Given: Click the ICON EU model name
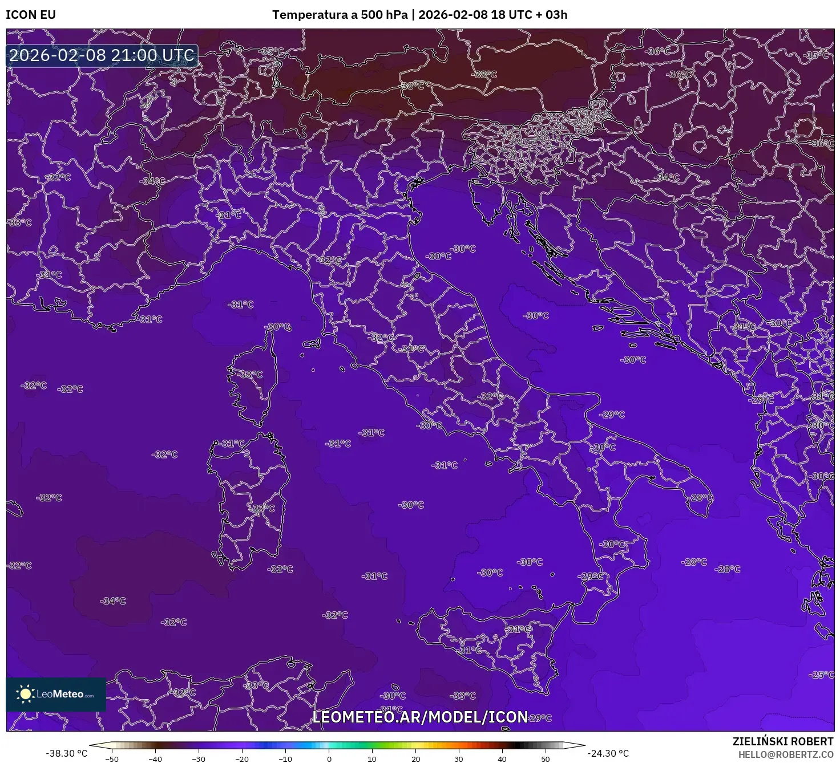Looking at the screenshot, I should pyautogui.click(x=31, y=15).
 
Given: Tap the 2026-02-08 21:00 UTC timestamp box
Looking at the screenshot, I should pyautogui.click(x=102, y=55).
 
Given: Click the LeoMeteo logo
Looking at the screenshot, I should pyautogui.click(x=56, y=694).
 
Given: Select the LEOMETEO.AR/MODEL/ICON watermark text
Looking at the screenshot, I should pyautogui.click(x=420, y=717).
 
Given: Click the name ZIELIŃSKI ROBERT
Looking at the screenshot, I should pyautogui.click(x=783, y=741).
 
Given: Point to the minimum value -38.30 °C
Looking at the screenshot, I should pyautogui.click(x=67, y=753).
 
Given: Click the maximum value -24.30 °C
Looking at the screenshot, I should pyautogui.click(x=608, y=753).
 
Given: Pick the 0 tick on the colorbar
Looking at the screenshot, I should pyautogui.click(x=329, y=758).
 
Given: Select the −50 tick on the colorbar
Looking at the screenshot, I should pyautogui.click(x=112, y=758).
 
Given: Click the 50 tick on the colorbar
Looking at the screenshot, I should pyautogui.click(x=546, y=758).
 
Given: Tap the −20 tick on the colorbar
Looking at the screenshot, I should pyautogui.click(x=242, y=758).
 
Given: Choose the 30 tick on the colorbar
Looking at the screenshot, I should pyautogui.click(x=459, y=758).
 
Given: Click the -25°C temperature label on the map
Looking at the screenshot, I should pyautogui.click(x=821, y=675).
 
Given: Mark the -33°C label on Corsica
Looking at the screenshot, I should pyautogui.click(x=250, y=375).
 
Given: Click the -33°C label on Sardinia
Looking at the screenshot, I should pyautogui.click(x=262, y=508).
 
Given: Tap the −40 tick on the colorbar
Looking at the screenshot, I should pyautogui.click(x=155, y=758).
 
